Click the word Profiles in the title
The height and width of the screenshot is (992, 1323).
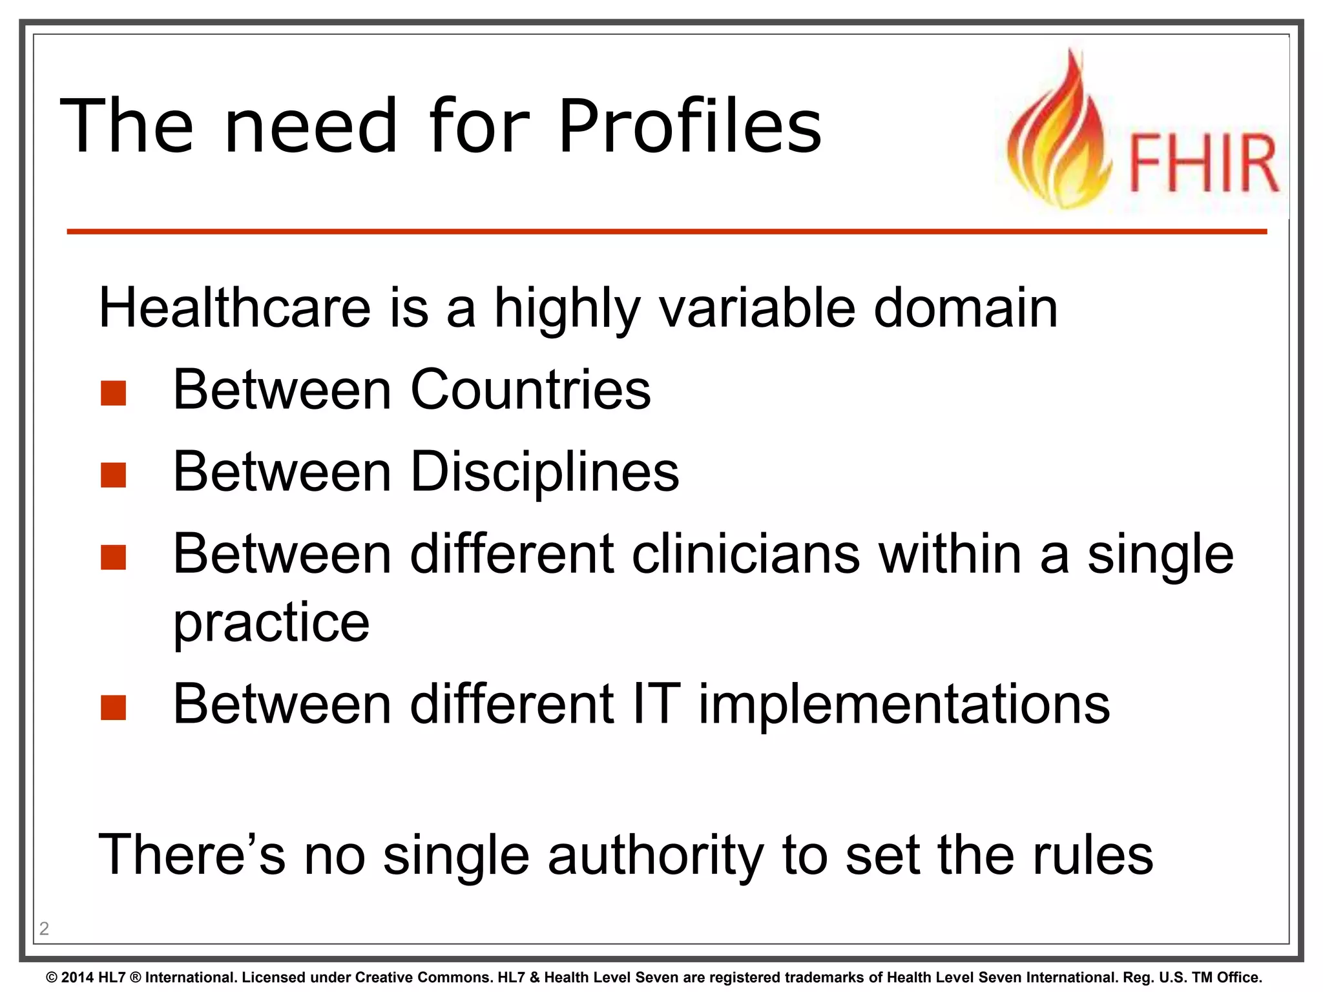pyautogui.click(x=689, y=127)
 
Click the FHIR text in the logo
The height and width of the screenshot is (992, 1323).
pyautogui.click(x=1203, y=164)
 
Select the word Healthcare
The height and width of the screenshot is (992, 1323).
pyautogui.click(x=234, y=309)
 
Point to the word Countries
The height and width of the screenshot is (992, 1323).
pyautogui.click(x=530, y=390)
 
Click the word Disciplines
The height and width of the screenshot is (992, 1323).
pyautogui.click(x=545, y=472)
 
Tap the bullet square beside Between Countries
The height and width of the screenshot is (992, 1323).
pyautogui.click(x=113, y=393)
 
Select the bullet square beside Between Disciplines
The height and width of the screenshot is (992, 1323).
pyautogui.click(x=113, y=475)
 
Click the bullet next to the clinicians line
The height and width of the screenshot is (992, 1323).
pyautogui.click(x=113, y=557)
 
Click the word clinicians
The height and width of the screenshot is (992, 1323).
pyautogui.click(x=745, y=554)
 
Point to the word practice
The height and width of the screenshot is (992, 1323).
pyautogui.click(x=271, y=623)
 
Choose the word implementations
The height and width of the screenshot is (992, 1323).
pyautogui.click(x=904, y=704)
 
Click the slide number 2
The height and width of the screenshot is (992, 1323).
pyautogui.click(x=44, y=929)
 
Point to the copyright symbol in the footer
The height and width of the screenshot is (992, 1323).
pyautogui.click(x=52, y=978)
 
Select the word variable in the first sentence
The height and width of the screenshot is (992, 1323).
pyautogui.click(x=756, y=309)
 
